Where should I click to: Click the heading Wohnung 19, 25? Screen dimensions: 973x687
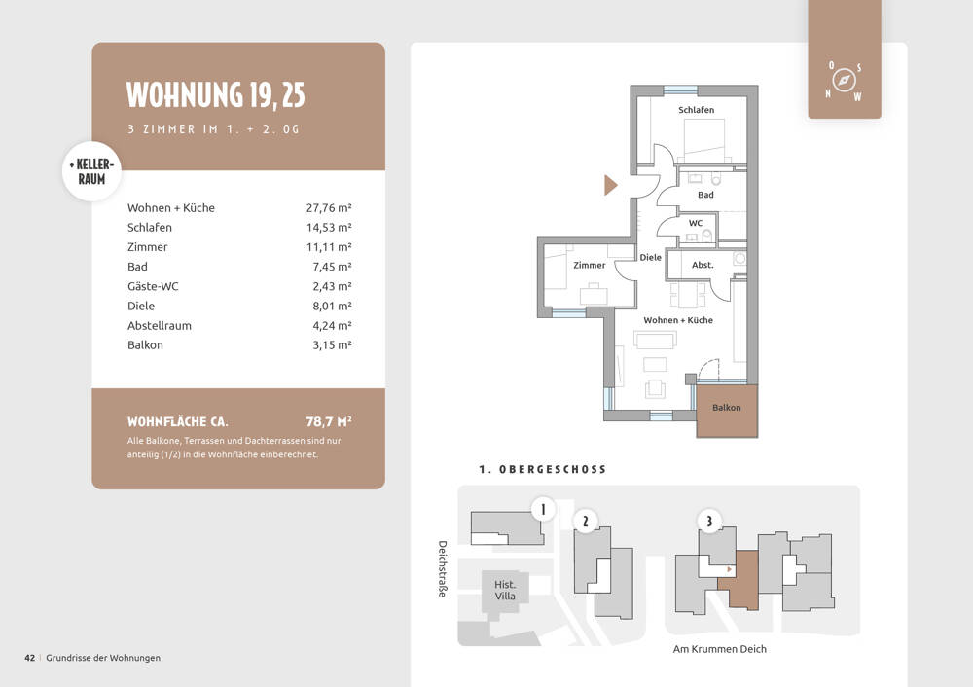tap(215, 95)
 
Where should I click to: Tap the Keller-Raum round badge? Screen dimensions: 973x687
tap(91, 171)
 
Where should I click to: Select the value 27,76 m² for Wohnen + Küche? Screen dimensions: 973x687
tap(329, 208)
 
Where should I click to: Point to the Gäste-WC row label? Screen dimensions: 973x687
tap(153, 286)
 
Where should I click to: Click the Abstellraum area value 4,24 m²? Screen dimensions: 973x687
tap(332, 326)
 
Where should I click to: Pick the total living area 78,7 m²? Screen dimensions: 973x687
tap(329, 422)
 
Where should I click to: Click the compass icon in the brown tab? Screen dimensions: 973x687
tap(844, 81)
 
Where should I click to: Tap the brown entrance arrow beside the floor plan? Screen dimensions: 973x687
tap(611, 185)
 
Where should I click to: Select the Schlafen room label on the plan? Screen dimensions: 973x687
tap(696, 110)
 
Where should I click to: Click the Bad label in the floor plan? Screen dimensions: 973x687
tap(705, 195)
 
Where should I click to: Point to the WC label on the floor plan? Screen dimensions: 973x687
tap(696, 223)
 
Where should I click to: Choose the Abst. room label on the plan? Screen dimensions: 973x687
tap(703, 265)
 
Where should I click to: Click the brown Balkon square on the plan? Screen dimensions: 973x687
tap(727, 411)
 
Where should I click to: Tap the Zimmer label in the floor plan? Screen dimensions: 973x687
tap(589, 265)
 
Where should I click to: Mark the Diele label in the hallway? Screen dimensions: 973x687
tap(650, 258)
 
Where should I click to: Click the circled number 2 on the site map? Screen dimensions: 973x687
tap(585, 522)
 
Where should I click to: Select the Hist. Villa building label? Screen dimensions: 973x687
tap(505, 591)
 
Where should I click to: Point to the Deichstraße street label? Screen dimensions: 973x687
tap(443, 568)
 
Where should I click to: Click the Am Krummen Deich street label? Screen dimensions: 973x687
tap(720, 649)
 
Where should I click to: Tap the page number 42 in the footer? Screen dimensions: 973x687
tap(30, 658)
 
